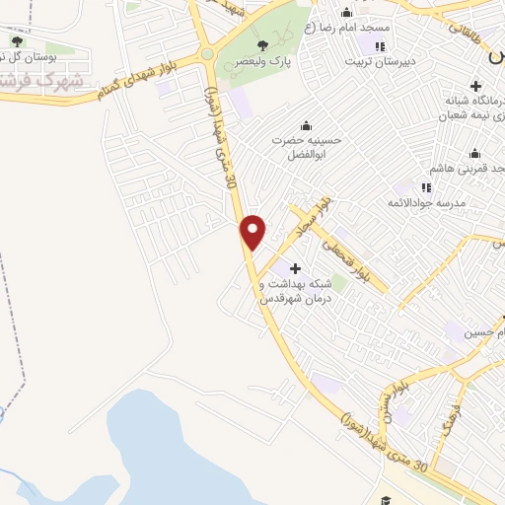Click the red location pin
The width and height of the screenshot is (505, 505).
tap(253, 231)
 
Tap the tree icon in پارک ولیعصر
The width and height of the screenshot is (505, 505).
tap(261, 45)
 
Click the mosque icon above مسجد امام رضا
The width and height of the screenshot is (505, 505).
tap(345, 13)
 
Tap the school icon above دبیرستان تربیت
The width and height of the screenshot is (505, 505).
tap(380, 45)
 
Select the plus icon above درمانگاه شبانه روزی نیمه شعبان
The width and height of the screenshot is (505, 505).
tap(476, 87)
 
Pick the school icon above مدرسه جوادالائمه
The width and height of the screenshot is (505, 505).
tap(426, 187)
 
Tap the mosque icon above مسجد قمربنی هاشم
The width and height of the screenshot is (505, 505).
tap(475, 153)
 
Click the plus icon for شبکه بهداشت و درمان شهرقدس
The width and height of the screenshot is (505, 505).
tap(294, 268)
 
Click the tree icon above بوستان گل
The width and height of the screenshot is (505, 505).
tap(17, 40)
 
